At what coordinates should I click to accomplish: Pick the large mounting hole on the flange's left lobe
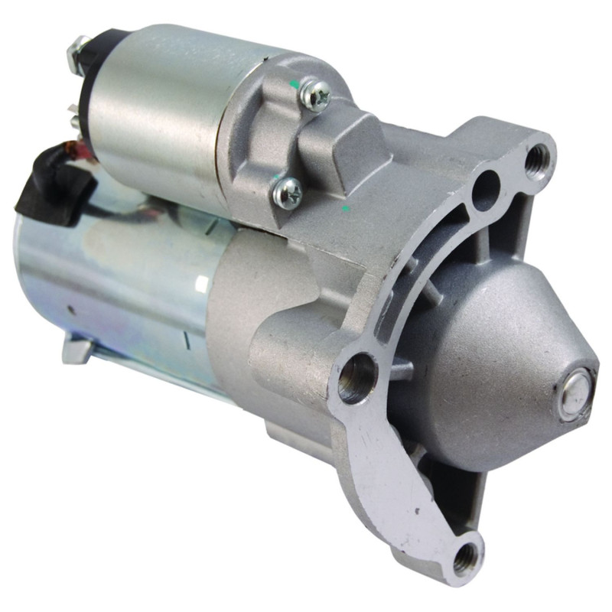pyautogui.click(x=356, y=377)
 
